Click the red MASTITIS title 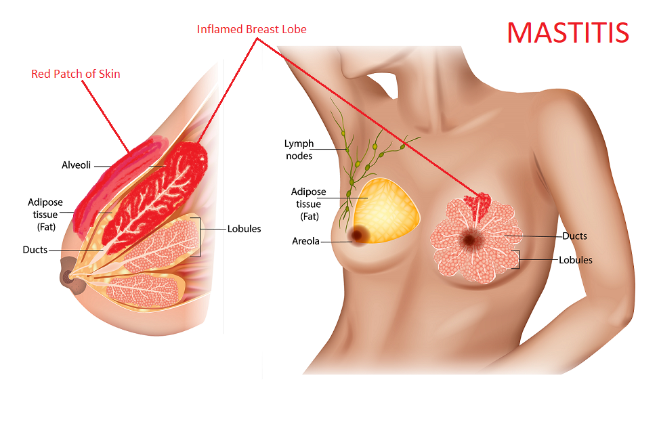pos(568,32)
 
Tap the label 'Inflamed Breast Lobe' pos(251,29)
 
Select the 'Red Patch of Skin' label pos(76,74)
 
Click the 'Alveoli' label pos(76,165)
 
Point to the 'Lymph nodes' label pos(299,150)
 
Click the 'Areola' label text pos(305,241)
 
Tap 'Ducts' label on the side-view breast pos(35,250)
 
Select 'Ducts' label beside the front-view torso pos(574,236)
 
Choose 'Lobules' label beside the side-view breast pos(245,229)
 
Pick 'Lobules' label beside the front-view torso pos(576,260)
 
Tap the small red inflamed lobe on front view pos(477,206)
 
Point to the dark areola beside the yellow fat pos(358,236)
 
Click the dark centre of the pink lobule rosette pos(470,239)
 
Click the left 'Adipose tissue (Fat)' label pos(45,215)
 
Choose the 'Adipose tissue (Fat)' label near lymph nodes pos(309,204)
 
